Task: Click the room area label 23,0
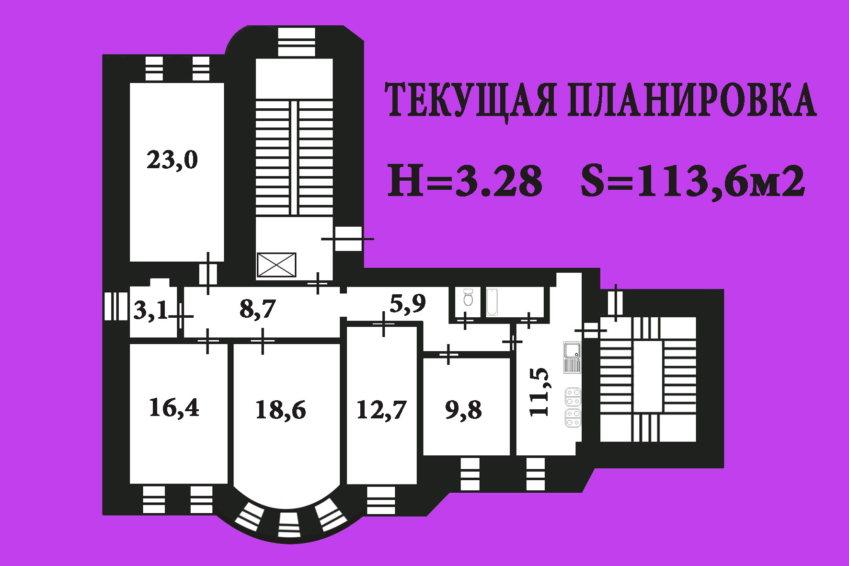pos(172,160)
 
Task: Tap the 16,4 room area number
pos(174,408)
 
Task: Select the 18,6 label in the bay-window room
pos(280,410)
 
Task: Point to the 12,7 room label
pos(381,410)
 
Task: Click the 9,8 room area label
pos(463,410)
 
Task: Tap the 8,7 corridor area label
pos(258,309)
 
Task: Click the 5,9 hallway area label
pos(407,303)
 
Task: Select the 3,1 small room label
pos(150,311)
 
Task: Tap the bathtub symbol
pos(492,302)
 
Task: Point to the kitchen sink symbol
pos(572,351)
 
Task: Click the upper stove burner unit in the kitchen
pos(573,397)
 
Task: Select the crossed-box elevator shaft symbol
pos(276,265)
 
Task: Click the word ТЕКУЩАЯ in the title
pos(471,101)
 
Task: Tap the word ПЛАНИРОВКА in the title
pos(692,101)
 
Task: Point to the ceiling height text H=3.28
pos(465,181)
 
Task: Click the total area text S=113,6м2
pos(692,181)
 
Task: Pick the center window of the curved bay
pos(289,524)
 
